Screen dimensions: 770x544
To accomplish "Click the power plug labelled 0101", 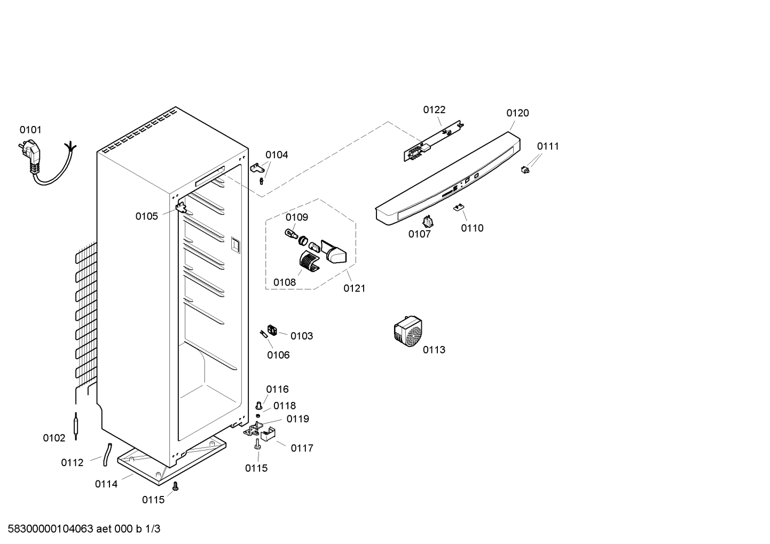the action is point(30,157).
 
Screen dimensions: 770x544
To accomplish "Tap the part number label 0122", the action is point(434,110).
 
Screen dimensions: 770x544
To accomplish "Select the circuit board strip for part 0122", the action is point(435,140).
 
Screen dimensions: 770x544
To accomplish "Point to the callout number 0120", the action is point(517,113).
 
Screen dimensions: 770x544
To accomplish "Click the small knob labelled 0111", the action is point(525,169).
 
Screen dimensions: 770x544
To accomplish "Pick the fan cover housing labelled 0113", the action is point(408,332).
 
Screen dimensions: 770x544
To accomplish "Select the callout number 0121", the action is point(355,288).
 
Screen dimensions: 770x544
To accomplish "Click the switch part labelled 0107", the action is point(428,222).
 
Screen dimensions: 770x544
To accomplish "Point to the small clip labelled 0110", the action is point(459,207).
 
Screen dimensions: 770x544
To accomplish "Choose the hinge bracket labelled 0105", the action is point(181,209).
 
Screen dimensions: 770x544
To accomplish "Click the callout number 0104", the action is point(277,155).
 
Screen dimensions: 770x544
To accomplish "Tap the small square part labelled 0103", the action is point(272,330).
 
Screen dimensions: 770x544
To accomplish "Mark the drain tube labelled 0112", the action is point(107,454).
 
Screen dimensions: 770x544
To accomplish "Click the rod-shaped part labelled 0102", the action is point(76,426).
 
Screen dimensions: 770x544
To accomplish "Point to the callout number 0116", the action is point(278,389).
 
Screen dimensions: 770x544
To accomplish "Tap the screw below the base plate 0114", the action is point(176,486).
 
